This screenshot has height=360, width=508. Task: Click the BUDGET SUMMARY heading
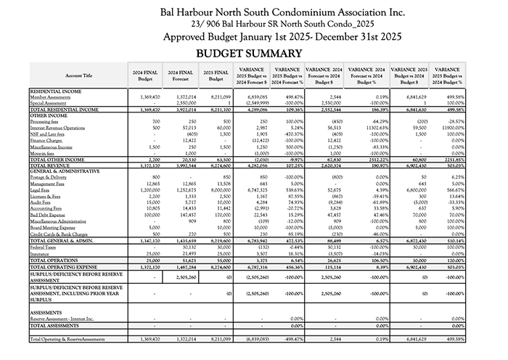[248, 54]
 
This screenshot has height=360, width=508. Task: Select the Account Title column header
[78, 75]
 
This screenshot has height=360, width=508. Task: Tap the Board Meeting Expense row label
[53, 228]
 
